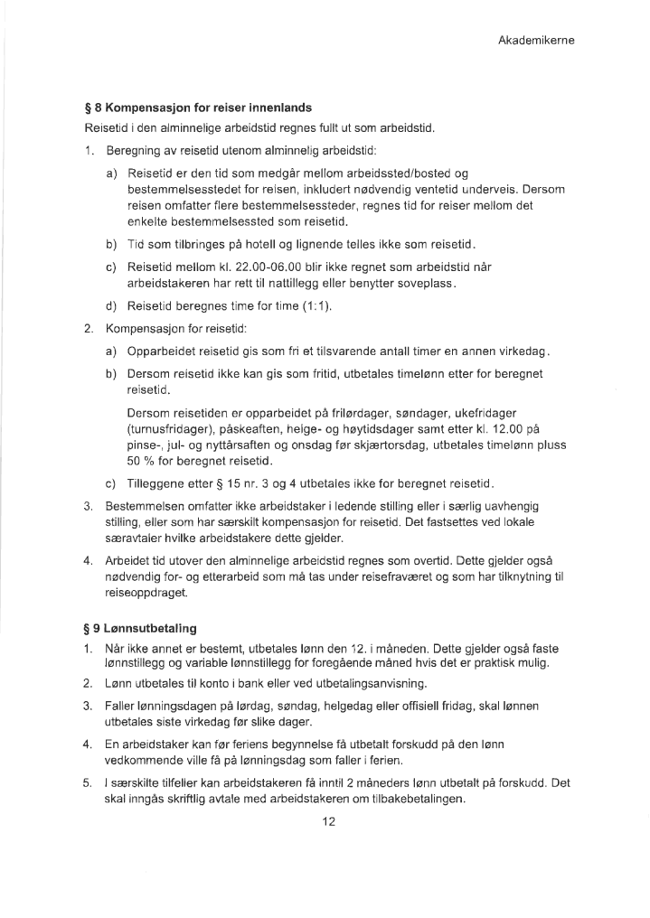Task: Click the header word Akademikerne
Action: pyautogui.click(x=536, y=41)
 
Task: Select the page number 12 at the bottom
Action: pyautogui.click(x=328, y=821)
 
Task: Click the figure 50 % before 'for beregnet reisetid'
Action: pyautogui.click(x=142, y=462)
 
